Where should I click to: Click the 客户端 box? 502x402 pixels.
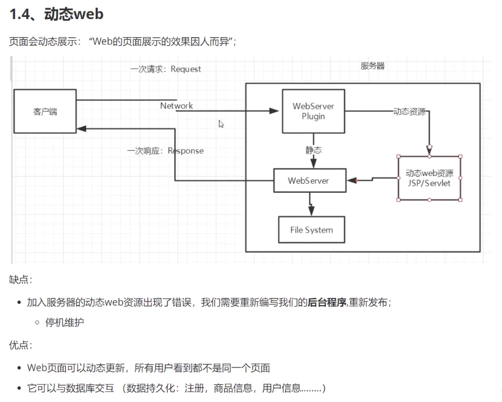click(45, 112)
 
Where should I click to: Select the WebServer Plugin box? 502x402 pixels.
click(313, 111)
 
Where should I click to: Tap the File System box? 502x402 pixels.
click(311, 230)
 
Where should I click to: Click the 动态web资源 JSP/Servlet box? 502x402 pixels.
click(430, 178)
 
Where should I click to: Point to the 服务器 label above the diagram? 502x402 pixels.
click(372, 66)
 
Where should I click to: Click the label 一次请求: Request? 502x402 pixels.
click(166, 69)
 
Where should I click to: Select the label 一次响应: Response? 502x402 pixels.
click(166, 151)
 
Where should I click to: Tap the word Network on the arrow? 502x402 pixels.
click(176, 106)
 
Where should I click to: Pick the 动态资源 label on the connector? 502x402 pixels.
click(409, 111)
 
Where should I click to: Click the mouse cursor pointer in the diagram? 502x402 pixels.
click(221, 124)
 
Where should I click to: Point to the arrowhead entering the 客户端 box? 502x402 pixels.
click(81, 129)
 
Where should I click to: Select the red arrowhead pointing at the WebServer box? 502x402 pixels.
click(351, 180)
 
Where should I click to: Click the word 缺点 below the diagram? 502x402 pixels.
click(21, 279)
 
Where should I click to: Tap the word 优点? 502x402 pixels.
click(21, 345)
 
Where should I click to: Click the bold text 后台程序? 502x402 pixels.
click(327, 302)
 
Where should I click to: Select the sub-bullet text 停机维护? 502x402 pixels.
click(65, 322)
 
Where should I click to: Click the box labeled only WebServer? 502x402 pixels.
click(309, 180)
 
